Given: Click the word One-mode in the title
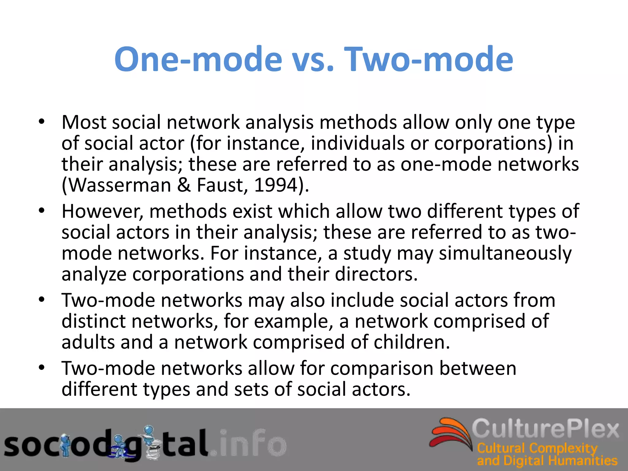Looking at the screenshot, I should tap(198, 59).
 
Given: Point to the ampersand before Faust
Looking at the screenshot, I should tap(184, 185).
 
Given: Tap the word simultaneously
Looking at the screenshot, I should tap(505, 253).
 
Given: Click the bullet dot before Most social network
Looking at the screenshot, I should tap(42, 122).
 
